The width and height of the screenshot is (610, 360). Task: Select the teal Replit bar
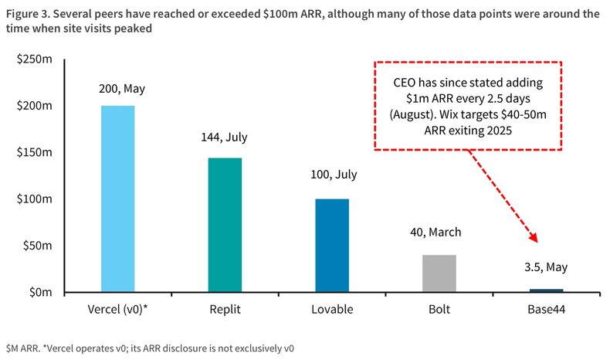225,226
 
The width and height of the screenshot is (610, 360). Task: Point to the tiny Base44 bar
546,290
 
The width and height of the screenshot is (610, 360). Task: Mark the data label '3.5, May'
546,267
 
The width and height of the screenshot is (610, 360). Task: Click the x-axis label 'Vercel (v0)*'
118,309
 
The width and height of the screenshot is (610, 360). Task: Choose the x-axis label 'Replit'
225,309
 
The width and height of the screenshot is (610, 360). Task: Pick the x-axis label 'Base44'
546,309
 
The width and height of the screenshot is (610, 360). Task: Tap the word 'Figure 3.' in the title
27,13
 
